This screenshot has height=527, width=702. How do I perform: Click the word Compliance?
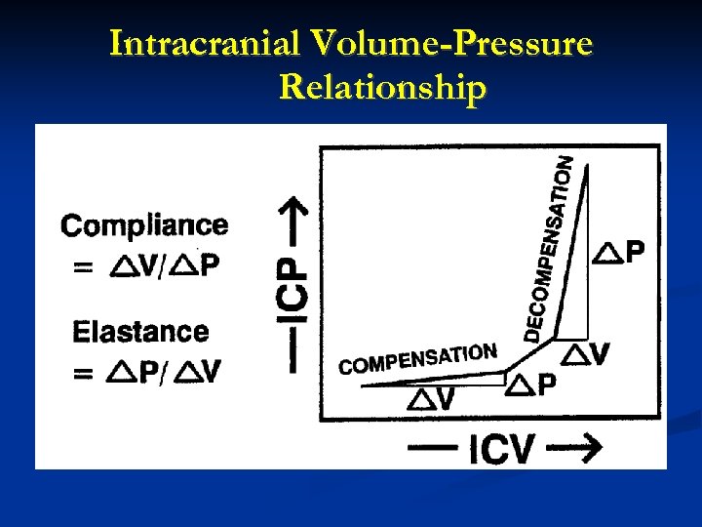pos(144,226)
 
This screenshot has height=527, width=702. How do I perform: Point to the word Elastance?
pos(140,332)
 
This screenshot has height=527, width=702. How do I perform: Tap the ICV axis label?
pos(501,450)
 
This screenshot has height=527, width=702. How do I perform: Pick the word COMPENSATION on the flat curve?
pos(418,359)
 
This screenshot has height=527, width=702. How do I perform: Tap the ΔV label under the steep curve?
pos(587,353)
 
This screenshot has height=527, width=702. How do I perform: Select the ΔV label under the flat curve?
pos(431,398)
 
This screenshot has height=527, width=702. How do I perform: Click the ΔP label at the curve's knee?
pos(533,385)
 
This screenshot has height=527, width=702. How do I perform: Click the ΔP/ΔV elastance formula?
pos(164,372)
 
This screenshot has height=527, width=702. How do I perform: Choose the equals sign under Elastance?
pos(84,372)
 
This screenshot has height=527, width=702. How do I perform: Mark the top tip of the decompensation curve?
pos(587,166)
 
